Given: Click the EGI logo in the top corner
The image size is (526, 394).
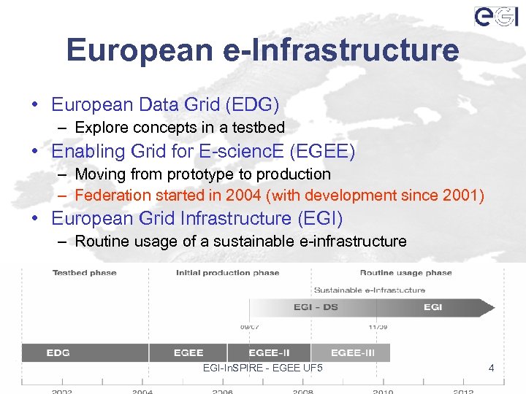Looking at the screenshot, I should (x=496, y=16).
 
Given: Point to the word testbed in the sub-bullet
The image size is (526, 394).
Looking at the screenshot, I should (x=259, y=128).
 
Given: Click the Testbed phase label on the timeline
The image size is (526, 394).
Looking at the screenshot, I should (x=85, y=273).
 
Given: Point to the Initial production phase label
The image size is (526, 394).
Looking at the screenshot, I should (x=227, y=273).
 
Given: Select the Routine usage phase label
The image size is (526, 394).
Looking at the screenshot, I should (x=405, y=273).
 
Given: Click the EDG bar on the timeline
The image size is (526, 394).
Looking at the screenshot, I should (x=58, y=353).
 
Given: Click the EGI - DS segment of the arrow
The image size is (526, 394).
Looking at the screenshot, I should (x=316, y=307).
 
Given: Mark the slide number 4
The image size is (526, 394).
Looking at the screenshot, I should (x=491, y=368).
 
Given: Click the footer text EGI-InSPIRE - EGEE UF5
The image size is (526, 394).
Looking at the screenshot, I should (x=262, y=368).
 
